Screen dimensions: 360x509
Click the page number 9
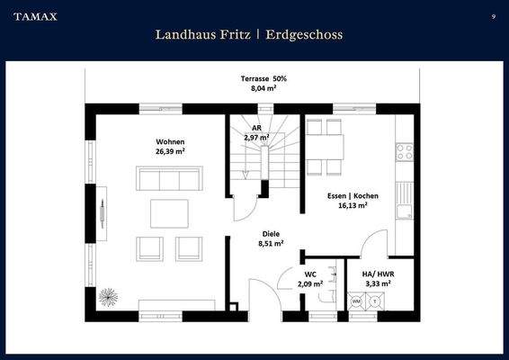click(x=494, y=16)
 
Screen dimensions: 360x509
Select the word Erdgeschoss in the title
click(x=305, y=34)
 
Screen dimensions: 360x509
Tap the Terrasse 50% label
click(x=256, y=79)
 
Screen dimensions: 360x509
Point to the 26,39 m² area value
click(x=170, y=151)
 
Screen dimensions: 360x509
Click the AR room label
click(x=256, y=128)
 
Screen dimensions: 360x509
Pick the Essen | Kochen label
click(x=352, y=195)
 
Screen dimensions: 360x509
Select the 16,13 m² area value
click(x=352, y=205)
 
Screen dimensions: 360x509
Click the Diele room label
click(x=271, y=233)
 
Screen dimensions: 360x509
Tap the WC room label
click(x=310, y=274)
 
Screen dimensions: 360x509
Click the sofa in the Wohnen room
click(x=166, y=178)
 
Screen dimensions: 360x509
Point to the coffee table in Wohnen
click(x=169, y=213)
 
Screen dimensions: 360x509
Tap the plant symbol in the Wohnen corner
click(x=109, y=298)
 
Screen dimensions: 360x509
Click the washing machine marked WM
click(x=357, y=301)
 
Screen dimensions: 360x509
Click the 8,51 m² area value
click(x=271, y=243)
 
